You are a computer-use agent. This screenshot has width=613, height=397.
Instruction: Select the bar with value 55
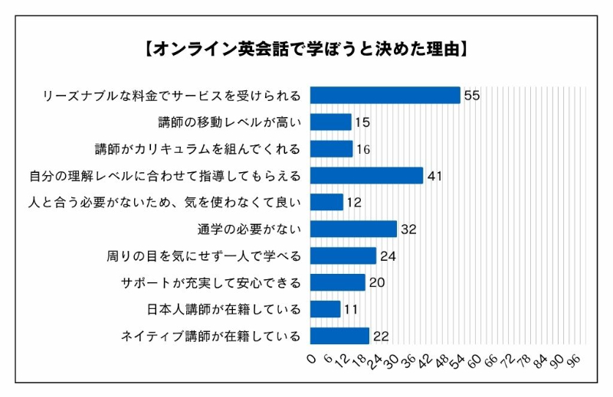(385, 95)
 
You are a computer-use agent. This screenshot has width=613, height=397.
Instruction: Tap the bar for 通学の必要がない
(353, 229)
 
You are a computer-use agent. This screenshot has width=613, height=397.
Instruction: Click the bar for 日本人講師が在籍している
(325, 309)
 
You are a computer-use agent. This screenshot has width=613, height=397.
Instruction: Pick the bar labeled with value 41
(366, 175)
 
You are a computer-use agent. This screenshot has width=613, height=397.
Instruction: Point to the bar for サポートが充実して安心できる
(337, 282)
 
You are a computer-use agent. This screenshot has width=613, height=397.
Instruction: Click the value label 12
(353, 203)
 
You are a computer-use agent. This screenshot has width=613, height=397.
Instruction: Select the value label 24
(388, 256)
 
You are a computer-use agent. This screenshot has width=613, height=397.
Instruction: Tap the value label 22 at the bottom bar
(382, 336)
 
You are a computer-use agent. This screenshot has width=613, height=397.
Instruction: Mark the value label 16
(363, 149)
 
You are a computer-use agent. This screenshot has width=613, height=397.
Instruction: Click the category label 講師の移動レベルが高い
(228, 122)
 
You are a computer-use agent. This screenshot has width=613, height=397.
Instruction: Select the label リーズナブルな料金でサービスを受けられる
(172, 95)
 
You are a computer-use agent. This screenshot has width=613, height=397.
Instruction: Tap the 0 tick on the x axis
(311, 359)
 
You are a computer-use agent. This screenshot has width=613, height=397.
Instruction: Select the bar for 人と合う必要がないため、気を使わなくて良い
(326, 202)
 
